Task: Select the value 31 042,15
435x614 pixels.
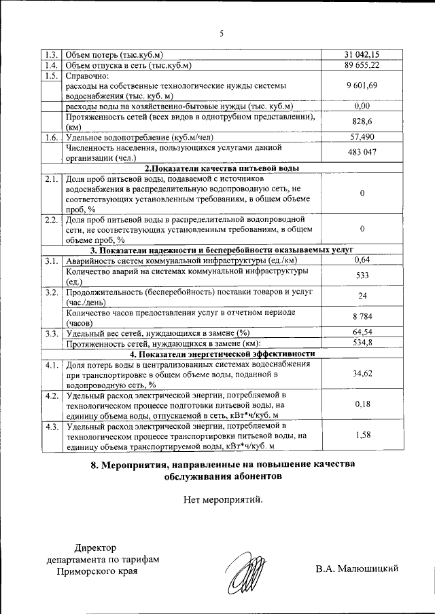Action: (362, 54)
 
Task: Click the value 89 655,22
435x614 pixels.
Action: (362, 64)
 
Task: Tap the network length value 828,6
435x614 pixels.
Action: (362, 121)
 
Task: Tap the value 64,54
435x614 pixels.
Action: (362, 332)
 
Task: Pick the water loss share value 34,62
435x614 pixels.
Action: (362, 373)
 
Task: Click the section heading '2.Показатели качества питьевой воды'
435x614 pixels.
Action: (222, 168)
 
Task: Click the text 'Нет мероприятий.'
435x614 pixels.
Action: (222, 501)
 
